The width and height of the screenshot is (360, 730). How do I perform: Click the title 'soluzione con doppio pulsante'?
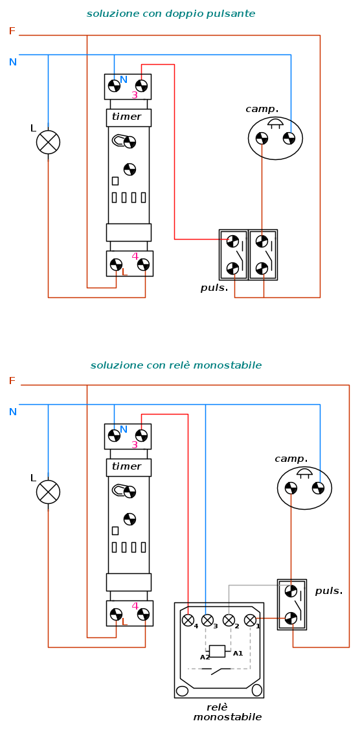click(171, 14)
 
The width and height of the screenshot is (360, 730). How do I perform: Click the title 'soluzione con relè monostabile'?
click(176, 365)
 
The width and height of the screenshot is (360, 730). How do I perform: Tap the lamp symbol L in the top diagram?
click(49, 142)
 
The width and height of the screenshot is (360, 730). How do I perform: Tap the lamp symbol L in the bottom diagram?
click(49, 492)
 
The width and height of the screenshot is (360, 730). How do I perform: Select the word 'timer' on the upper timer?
click(126, 117)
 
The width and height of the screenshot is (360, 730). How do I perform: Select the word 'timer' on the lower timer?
click(126, 466)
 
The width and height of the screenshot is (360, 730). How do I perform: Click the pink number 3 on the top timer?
click(135, 95)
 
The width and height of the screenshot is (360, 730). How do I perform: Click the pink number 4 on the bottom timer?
click(135, 606)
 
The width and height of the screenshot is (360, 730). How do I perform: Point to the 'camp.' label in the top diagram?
click(262, 109)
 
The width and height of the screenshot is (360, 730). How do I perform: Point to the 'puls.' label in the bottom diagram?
click(329, 591)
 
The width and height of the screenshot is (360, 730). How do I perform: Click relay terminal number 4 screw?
click(188, 620)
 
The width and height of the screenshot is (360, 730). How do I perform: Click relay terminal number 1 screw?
click(250, 620)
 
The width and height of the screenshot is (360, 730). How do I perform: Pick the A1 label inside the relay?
click(238, 654)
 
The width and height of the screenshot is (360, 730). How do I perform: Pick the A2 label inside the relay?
click(205, 657)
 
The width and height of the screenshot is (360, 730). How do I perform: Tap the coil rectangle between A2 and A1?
click(217, 652)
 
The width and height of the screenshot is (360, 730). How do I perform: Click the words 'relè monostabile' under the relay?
click(227, 713)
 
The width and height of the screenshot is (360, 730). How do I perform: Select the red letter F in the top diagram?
click(12, 31)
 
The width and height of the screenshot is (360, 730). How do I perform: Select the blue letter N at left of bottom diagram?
click(12, 412)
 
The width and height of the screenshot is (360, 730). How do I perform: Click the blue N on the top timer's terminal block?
click(123, 80)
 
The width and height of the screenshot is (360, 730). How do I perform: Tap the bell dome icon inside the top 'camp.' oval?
click(275, 124)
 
